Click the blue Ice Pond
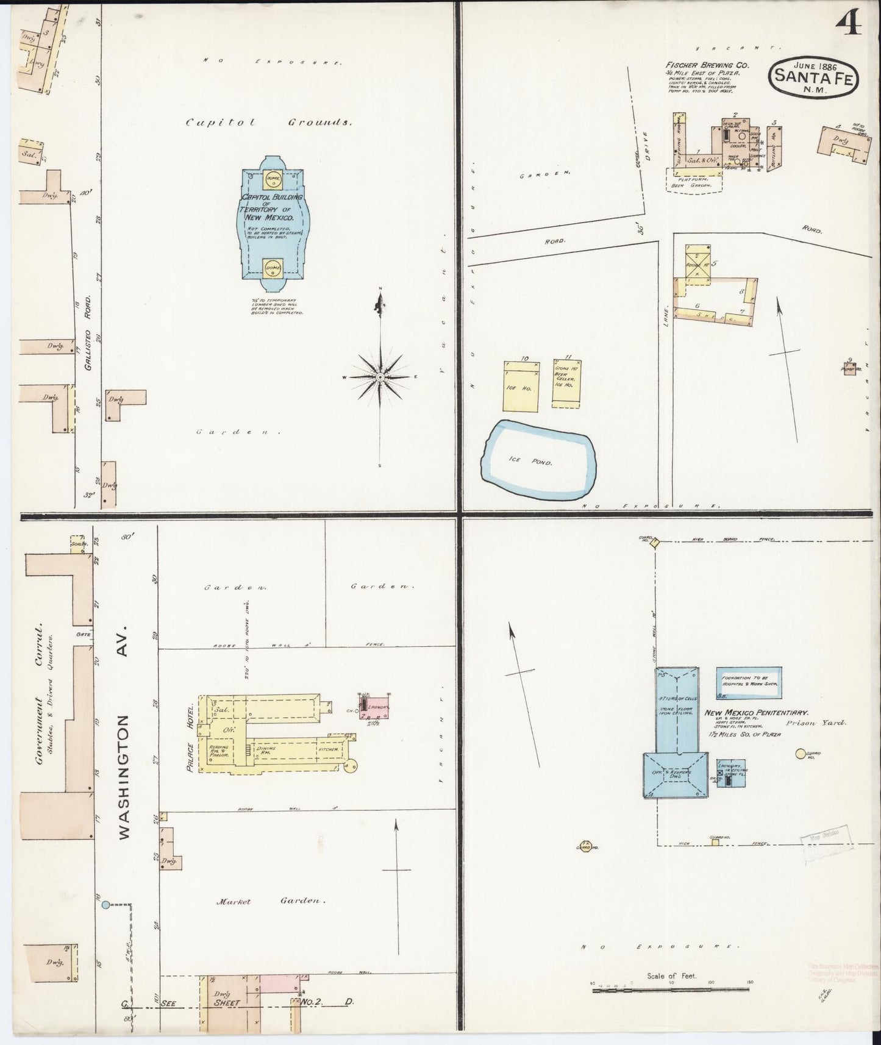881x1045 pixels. tap(538, 458)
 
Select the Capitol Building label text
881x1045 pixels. tap(269, 207)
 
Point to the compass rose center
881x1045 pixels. tap(380, 377)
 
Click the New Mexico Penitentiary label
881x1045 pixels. tap(756, 712)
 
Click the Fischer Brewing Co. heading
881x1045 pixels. tap(707, 65)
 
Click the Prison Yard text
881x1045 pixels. tap(825, 722)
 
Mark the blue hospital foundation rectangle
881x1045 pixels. tap(748, 682)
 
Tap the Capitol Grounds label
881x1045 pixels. tap(269, 122)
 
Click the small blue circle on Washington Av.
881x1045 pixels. tap(106, 905)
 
